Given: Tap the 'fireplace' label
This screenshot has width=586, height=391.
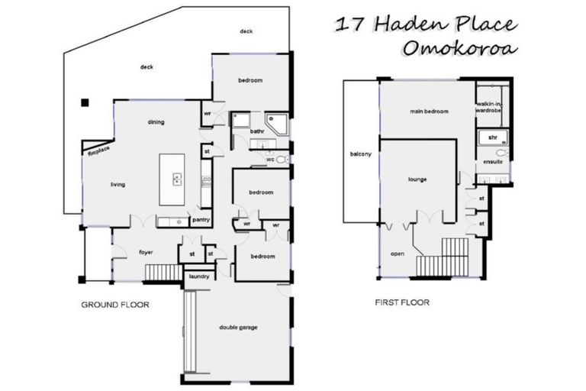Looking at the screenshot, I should point(98,152).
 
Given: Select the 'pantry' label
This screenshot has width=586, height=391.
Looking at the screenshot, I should point(201,220).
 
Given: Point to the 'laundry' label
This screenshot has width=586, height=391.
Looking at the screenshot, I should point(198,276).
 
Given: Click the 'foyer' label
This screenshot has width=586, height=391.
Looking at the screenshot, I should point(146,251).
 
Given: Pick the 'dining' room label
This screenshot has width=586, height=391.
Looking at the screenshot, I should point(156,122).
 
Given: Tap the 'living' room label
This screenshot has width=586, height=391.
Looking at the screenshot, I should point(118,184).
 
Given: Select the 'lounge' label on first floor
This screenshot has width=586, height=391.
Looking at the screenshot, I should point(417,179).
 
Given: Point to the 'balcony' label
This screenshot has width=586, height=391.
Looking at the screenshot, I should point(361,155).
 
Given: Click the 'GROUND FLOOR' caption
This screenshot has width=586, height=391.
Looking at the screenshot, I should point(114,305).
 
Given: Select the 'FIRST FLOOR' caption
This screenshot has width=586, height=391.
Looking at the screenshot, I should point(402,302).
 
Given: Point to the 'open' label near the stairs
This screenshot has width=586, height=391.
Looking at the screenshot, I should point(397,254).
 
